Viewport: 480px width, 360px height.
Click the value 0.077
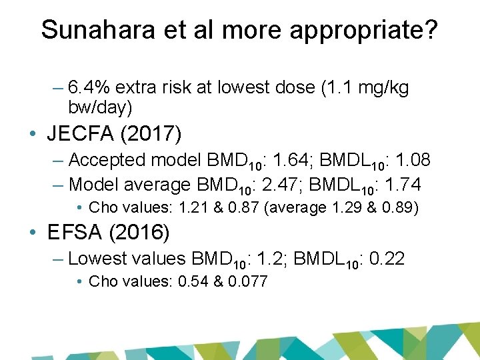(247, 281)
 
